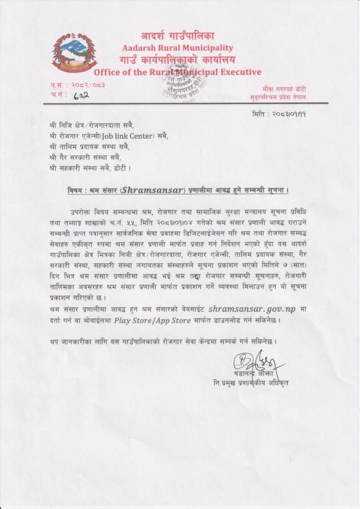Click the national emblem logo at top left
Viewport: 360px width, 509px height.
pos(73,53)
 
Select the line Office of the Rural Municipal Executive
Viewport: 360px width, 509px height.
pos(177,72)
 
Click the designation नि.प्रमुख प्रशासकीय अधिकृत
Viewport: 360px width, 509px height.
pos(247,383)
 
